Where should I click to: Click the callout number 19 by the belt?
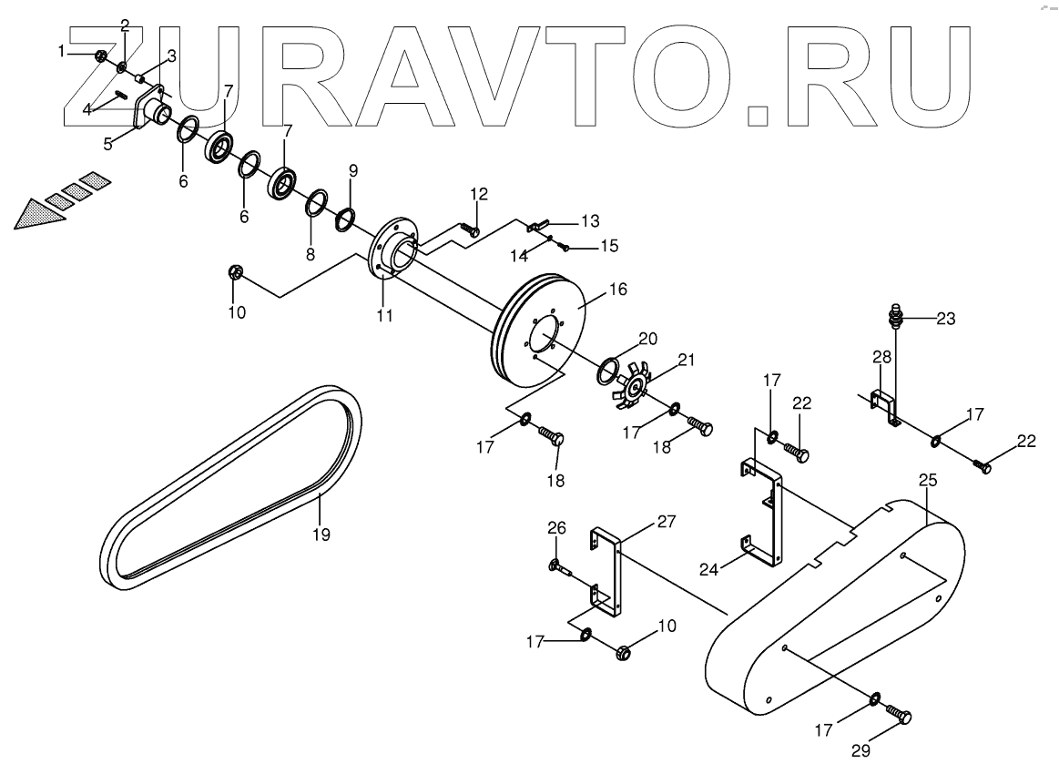point(321,535)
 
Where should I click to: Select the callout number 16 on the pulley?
point(618,290)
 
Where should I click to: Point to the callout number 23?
point(946,319)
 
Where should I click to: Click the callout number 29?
point(861,750)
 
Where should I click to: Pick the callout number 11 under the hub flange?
point(384,315)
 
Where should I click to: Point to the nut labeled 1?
point(101,56)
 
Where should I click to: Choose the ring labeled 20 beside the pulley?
point(607,369)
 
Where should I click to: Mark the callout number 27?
point(667,522)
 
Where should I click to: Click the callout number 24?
point(709,569)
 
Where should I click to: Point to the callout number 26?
point(556,527)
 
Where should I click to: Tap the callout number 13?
point(590,220)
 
